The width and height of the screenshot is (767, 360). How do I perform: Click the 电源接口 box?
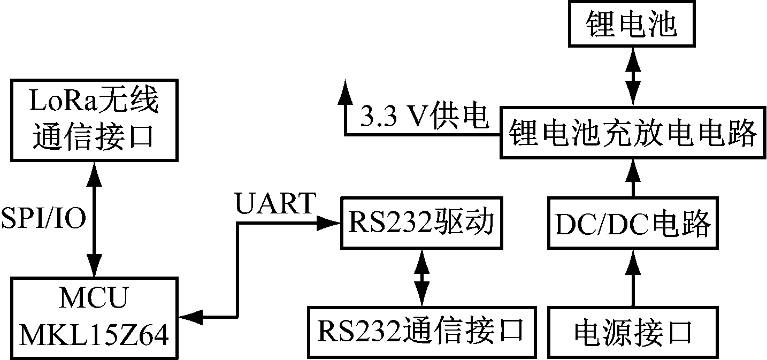tap(632, 332)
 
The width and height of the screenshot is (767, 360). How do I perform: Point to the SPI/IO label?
tap(43, 219)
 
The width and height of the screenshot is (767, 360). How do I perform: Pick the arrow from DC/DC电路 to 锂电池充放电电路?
tap(632, 178)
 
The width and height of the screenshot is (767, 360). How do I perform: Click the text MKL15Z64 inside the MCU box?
tap(94, 336)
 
